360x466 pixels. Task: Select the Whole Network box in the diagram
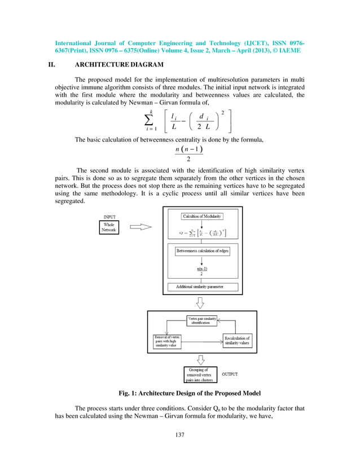tap(108, 227)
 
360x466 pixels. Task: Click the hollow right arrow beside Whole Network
tap(141, 227)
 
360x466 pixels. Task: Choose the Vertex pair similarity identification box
tap(202, 320)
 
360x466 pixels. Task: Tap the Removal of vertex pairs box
tap(167, 341)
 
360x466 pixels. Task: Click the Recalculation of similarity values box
tap(237, 341)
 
